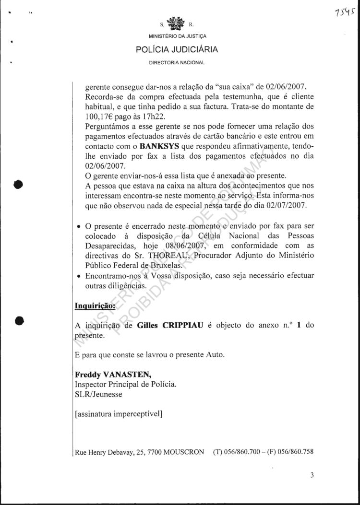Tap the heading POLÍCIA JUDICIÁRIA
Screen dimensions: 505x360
click(177, 49)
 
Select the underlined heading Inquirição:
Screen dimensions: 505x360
click(96, 305)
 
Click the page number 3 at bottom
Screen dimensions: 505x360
click(312, 476)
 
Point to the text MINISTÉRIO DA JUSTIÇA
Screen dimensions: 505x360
click(177, 36)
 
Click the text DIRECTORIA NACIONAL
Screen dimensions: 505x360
click(177, 62)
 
